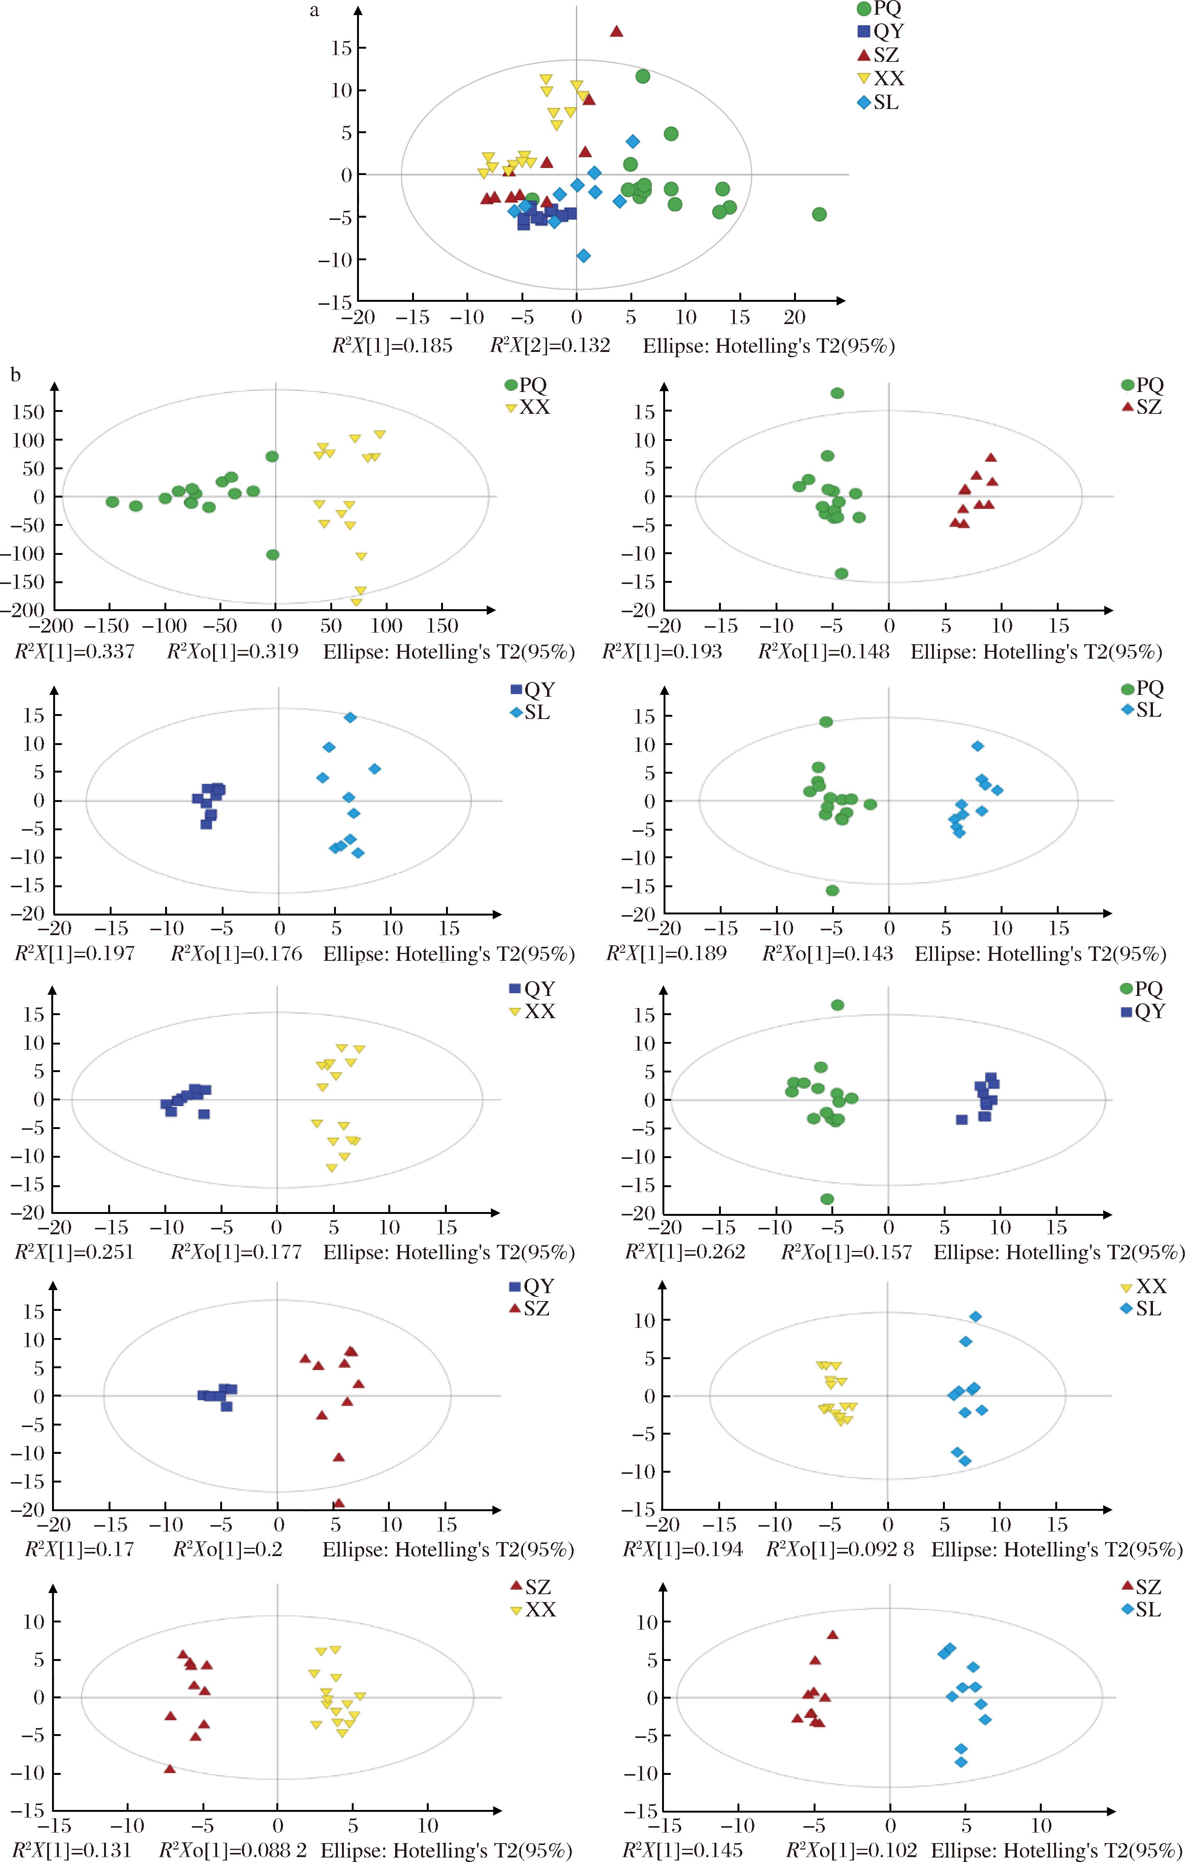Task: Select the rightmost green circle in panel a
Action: point(819,214)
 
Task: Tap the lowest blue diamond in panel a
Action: point(584,255)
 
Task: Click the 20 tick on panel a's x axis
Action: point(795,317)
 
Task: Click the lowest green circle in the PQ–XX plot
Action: point(272,555)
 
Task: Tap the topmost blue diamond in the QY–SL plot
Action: point(350,717)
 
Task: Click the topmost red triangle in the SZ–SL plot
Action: point(832,1634)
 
